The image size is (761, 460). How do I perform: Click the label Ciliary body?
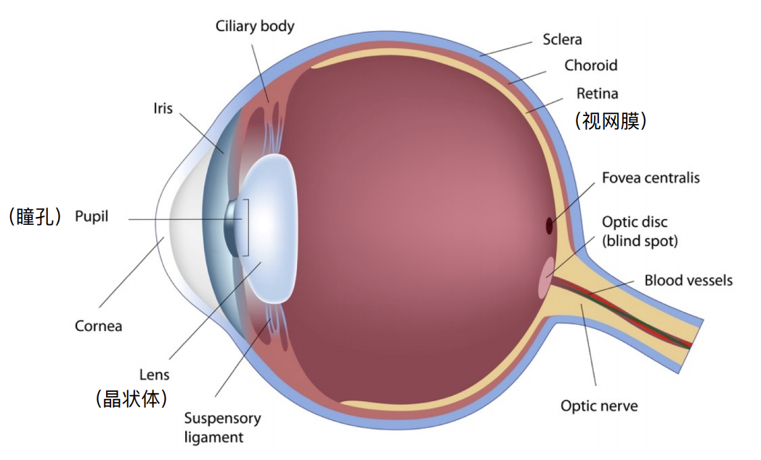[255, 26]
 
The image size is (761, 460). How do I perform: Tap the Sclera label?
[562, 39]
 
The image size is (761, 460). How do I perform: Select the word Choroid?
[590, 65]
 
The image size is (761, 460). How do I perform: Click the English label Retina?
[597, 93]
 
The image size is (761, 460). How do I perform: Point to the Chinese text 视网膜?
[611, 120]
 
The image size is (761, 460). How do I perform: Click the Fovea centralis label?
[651, 178]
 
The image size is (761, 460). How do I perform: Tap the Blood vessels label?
[688, 280]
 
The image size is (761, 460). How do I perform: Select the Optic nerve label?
[599, 406]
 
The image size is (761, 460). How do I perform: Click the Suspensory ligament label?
[222, 427]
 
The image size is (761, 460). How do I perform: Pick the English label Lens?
[155, 374]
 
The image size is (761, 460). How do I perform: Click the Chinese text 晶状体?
[131, 399]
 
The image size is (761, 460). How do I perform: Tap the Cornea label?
[98, 326]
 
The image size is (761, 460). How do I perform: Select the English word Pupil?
[91, 217]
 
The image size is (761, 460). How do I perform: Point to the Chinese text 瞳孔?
[35, 216]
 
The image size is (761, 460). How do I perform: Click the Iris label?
[163, 108]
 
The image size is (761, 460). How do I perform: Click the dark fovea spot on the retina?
[550, 226]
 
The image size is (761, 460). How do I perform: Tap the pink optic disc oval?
[546, 278]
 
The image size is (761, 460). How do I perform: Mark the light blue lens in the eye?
[269, 229]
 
